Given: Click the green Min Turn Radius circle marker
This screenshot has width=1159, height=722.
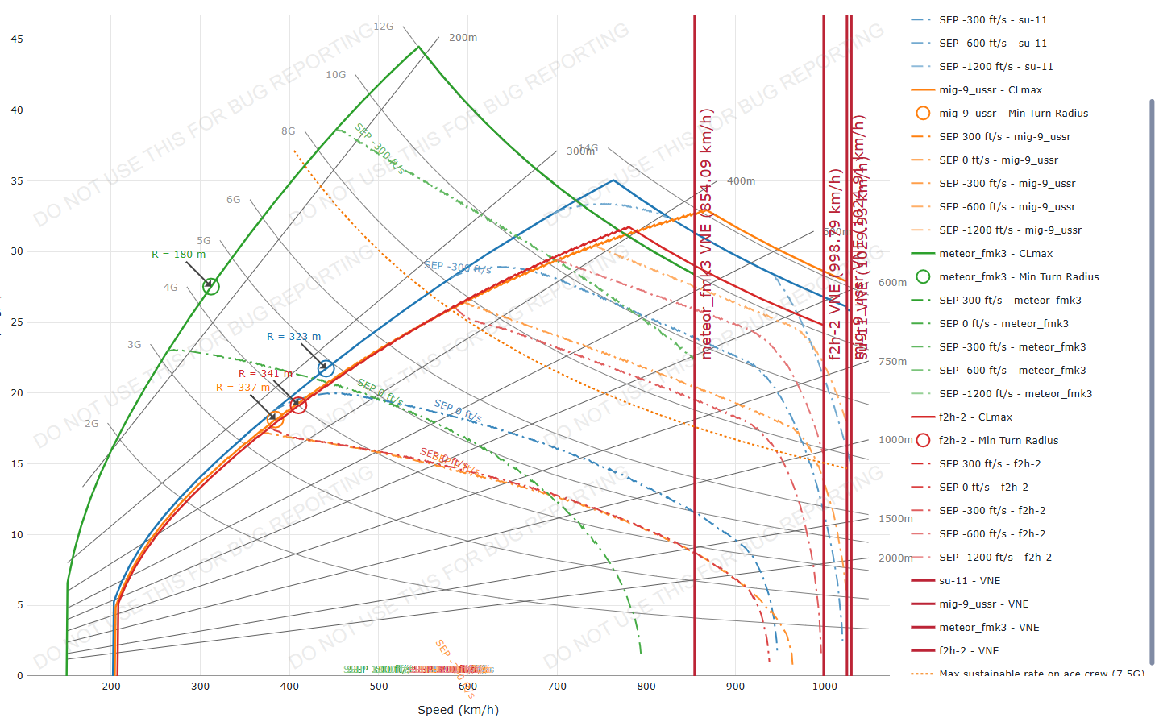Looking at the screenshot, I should pyautogui.click(x=211, y=286).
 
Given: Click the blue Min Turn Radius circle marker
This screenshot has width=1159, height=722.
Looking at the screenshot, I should pyautogui.click(x=326, y=368).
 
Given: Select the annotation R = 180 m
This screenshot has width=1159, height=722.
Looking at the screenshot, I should pyautogui.click(x=178, y=255).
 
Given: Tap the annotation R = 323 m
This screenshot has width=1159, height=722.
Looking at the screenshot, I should pyautogui.click(x=293, y=337).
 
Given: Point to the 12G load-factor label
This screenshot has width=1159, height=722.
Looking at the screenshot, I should pyautogui.click(x=384, y=27).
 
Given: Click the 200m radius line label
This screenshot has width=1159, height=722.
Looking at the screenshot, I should pyautogui.click(x=463, y=38).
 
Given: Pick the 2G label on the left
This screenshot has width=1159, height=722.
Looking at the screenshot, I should pyautogui.click(x=92, y=424).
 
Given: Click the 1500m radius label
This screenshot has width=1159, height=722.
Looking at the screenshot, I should pyautogui.click(x=895, y=519).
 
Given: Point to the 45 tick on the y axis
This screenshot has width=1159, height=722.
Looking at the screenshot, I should pyautogui.click(x=17, y=39).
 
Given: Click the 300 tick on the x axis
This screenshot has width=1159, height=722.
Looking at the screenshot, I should pyautogui.click(x=201, y=687).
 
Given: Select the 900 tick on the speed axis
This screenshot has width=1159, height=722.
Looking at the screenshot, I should pyautogui.click(x=735, y=687).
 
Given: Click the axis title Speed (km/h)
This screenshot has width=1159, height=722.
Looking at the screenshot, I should pyautogui.click(x=458, y=710).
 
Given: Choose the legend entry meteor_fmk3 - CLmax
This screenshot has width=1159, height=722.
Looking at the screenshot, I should pyautogui.click(x=995, y=254).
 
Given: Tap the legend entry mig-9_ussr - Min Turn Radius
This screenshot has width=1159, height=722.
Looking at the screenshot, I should pyautogui.click(x=1013, y=114).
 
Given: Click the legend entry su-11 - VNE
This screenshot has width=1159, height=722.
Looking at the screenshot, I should pyautogui.click(x=969, y=581).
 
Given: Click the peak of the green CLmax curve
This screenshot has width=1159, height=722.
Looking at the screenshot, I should pyautogui.click(x=419, y=47).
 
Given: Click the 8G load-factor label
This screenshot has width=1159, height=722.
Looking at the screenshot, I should pyautogui.click(x=289, y=131).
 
